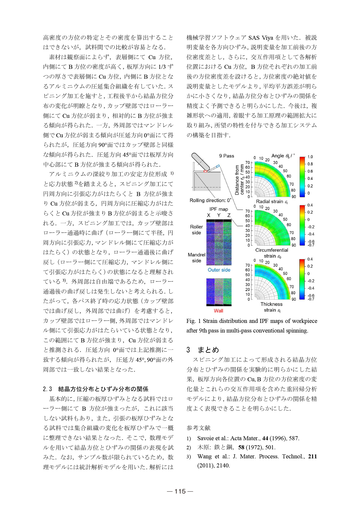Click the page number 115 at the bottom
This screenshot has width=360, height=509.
(180, 491)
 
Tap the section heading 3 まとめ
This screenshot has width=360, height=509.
(203, 350)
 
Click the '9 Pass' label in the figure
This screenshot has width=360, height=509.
(226, 156)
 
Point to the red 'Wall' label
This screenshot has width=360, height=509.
(218, 311)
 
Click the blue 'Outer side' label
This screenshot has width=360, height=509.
(219, 270)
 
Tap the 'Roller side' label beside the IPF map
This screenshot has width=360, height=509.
(197, 230)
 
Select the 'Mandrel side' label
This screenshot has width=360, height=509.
(197, 258)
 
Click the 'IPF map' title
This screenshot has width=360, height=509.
(219, 209)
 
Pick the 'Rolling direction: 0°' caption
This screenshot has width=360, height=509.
(210, 200)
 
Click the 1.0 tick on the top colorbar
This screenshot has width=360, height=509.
(310, 157)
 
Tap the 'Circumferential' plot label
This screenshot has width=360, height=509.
(271, 250)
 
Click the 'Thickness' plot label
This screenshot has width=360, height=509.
(271, 304)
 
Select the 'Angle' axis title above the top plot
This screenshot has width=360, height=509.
(278, 156)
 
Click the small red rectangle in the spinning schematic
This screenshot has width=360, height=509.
(205, 171)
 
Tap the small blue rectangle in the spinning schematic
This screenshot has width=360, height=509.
(218, 166)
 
